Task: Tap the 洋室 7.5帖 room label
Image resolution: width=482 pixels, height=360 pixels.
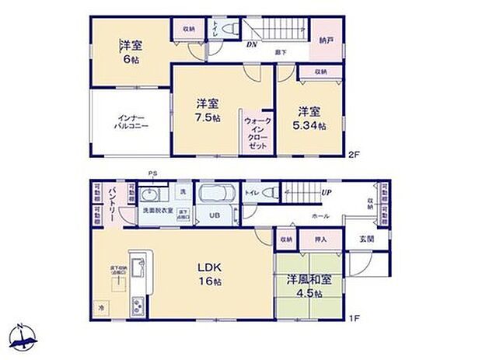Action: (208, 110)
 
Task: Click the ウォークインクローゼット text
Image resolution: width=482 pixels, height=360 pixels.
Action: (257, 134)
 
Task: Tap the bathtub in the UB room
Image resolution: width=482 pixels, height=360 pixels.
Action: (222, 193)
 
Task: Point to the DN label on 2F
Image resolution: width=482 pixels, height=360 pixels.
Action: (253, 44)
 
